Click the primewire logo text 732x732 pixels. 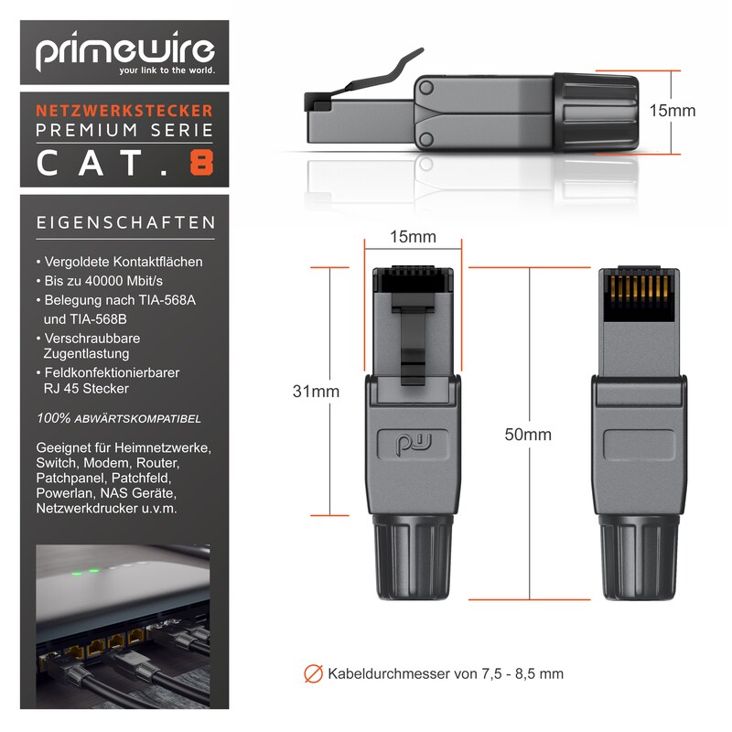(125, 50)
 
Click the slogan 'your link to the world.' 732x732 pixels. (167, 70)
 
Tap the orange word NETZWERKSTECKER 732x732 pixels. (124, 111)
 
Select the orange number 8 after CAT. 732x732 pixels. (201, 163)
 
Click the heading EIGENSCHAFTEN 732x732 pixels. (126, 222)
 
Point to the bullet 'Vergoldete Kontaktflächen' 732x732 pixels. (120, 262)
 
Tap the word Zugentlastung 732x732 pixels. (86, 354)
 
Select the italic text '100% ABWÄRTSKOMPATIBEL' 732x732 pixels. (119, 418)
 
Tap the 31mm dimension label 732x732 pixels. (316, 392)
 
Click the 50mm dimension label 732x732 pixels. (528, 435)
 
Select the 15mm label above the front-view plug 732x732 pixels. (414, 237)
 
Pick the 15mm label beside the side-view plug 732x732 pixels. (673, 111)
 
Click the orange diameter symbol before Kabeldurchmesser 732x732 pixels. (313, 673)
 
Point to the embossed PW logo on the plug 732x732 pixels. (414, 444)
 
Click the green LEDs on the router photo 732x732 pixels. (85, 571)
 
